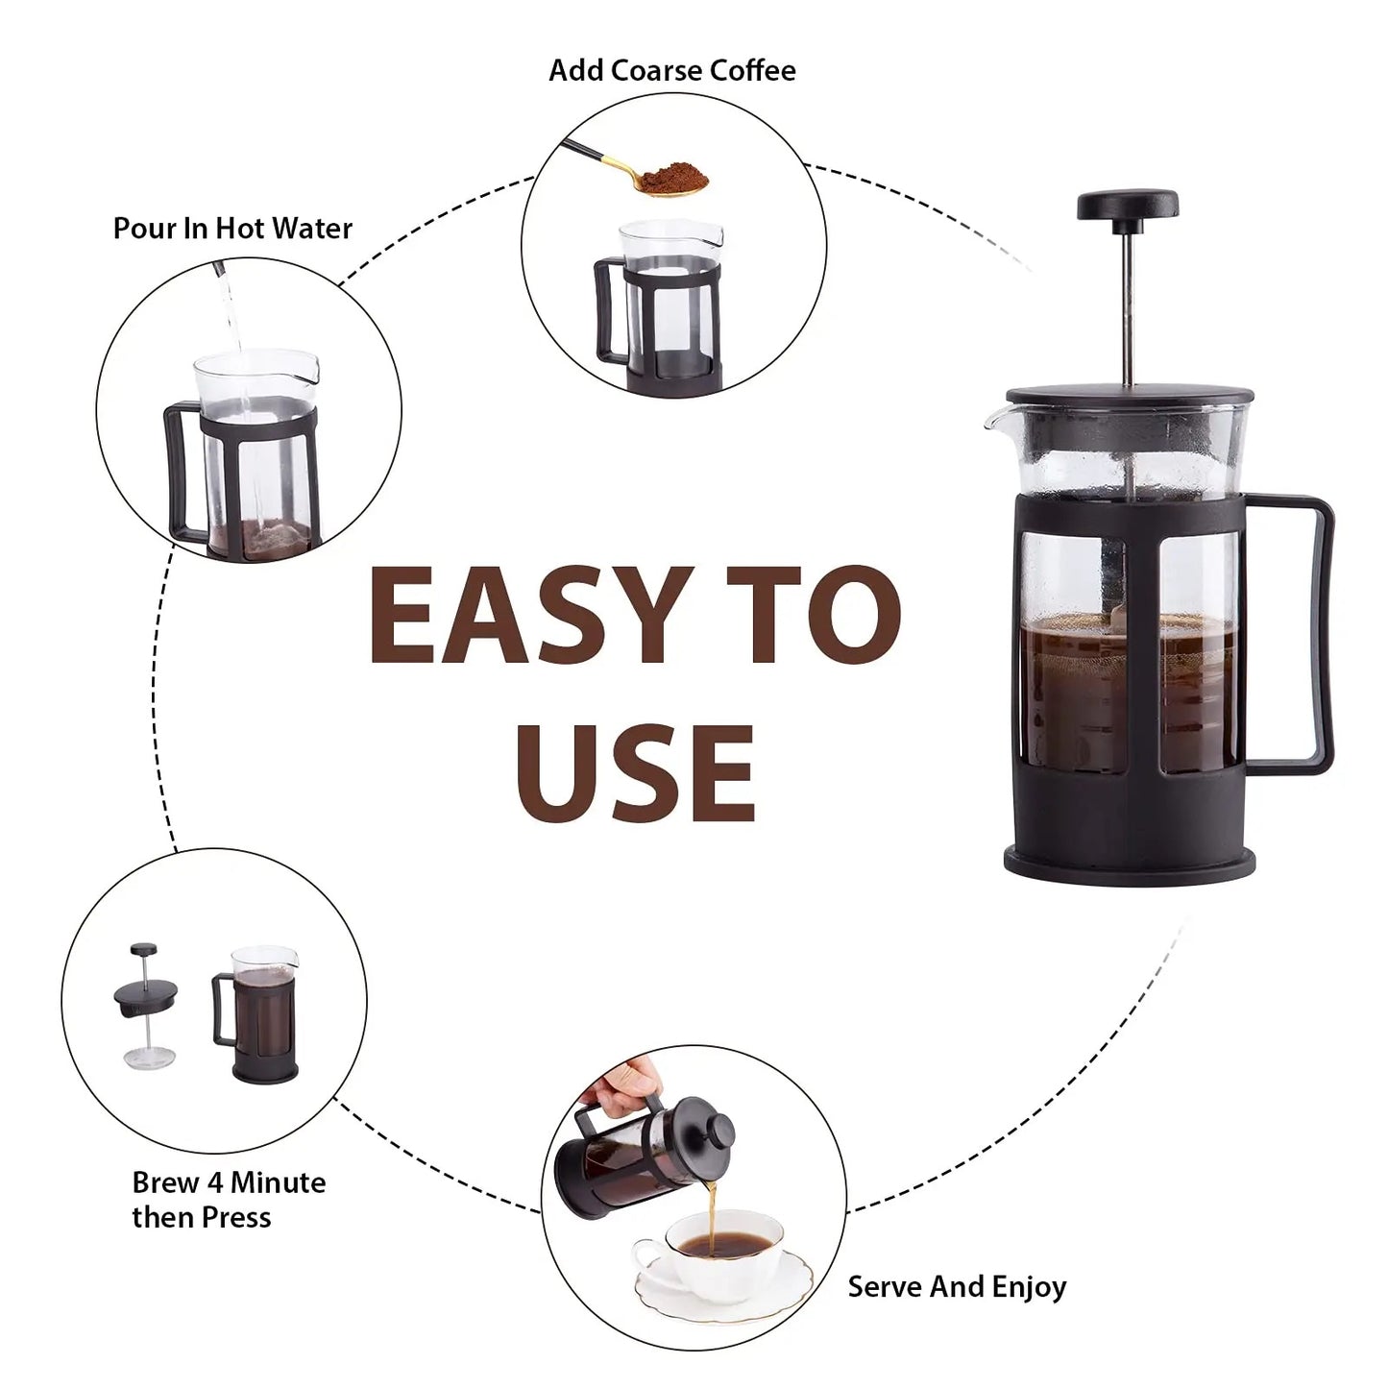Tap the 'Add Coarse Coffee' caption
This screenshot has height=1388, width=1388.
click(671, 70)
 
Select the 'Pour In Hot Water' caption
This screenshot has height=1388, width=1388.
click(232, 229)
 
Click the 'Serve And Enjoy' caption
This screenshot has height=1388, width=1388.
click(956, 1286)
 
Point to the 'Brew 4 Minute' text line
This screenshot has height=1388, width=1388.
click(229, 1182)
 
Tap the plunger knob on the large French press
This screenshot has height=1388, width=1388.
click(1128, 205)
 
